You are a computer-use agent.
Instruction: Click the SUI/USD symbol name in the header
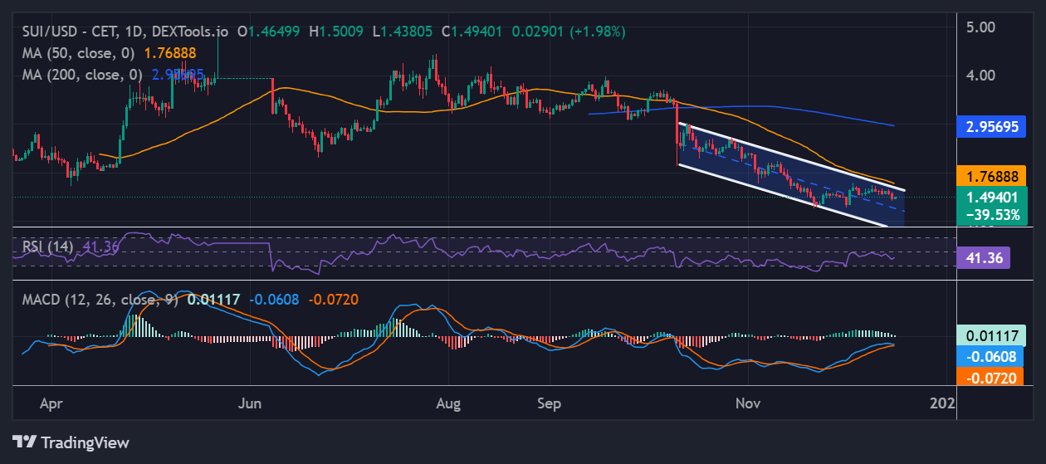51,32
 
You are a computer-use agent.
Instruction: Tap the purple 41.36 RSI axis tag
983,258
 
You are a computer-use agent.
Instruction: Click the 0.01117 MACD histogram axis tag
992,335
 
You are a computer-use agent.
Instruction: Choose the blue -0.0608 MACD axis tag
992,357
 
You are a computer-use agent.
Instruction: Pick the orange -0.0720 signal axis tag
992,377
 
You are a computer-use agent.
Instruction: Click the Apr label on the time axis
51,403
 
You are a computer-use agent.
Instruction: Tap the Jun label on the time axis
250,403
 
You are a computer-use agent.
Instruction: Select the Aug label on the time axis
449,403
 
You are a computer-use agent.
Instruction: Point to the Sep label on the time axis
549,403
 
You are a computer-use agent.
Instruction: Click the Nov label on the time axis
748,403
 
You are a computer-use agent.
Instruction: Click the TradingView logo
71,442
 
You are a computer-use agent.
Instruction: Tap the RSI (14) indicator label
46,247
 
